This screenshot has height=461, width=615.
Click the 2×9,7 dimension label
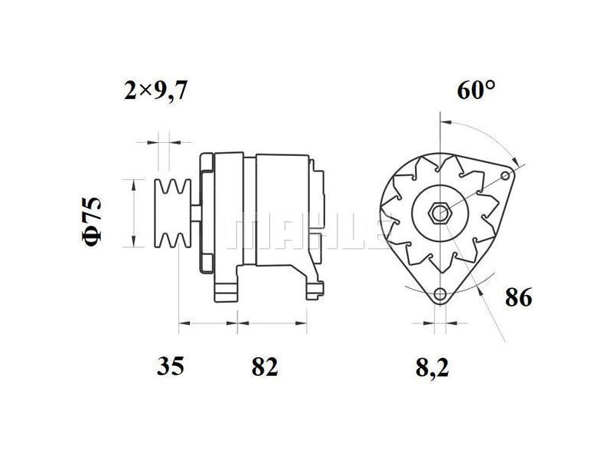coord(156,91)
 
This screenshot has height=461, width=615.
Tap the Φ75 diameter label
coord(91,221)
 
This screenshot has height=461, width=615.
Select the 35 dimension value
coord(170,366)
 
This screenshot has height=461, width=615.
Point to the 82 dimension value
coord(264,366)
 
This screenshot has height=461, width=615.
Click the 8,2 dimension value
coord(432,368)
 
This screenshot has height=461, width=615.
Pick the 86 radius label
coord(518,297)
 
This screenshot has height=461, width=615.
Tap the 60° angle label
coord(476,90)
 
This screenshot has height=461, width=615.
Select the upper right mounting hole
coord(506,175)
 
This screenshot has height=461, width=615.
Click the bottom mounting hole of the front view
coord(440,294)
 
